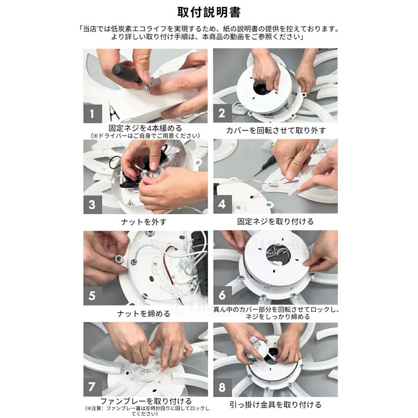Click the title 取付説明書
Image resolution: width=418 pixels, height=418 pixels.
pos(209,12)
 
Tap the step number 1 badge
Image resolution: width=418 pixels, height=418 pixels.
pos(93,114)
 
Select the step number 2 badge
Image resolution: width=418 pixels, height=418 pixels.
pos(222,113)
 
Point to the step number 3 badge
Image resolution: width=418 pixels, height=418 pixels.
pos(93,205)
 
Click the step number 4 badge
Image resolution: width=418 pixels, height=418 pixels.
pos(222,204)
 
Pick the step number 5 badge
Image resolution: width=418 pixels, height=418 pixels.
pos(93,296)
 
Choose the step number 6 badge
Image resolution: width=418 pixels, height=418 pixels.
pos(222,295)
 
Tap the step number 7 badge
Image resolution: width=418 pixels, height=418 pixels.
pos(93,387)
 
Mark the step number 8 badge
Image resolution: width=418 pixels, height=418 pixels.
pos(222,387)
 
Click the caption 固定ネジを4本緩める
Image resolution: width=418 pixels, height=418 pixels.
pos(145,128)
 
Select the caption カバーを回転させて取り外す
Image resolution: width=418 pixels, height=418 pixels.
pos(275,131)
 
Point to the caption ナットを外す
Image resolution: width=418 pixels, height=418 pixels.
pos(144,222)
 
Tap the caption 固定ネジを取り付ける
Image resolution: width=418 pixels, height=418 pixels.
pos(275,222)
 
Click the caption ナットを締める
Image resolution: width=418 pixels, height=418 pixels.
pos(144,313)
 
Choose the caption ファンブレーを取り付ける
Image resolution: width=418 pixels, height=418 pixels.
pos(146,401)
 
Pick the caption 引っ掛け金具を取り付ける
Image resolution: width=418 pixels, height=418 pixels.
pos(275,405)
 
